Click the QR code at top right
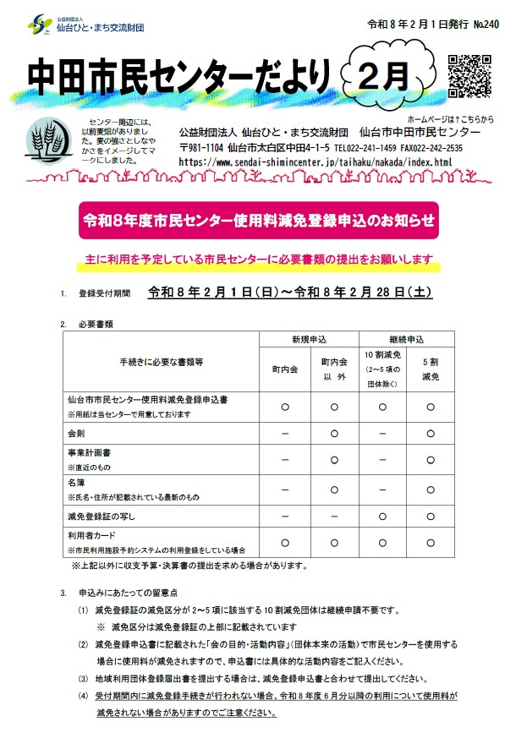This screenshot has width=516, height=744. coord(469,77)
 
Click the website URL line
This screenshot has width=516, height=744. coord(316,161)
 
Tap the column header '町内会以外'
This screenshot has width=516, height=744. coord(334,369)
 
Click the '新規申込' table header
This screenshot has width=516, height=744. coord(309,340)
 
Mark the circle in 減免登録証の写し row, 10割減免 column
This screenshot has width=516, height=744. coord(382,516)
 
